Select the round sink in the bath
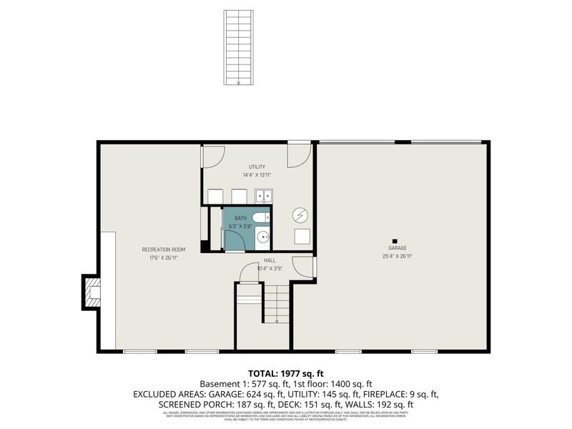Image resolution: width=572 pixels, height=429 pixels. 263,237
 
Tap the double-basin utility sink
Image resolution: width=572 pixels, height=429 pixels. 263,196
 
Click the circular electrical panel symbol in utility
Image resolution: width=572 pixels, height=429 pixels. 300,215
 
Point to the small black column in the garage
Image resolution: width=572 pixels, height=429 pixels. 393,241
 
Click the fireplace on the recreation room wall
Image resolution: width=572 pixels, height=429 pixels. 91,291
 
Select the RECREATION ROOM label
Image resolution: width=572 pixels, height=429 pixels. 164,250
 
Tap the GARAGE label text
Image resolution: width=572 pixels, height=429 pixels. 398,248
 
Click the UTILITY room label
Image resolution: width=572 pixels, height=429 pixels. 257,167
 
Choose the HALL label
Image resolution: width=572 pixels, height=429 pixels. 270,260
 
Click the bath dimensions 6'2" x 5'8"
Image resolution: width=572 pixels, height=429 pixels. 240,225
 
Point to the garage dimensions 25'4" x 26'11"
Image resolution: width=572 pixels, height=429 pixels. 398,256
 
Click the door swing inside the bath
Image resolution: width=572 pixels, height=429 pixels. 235,242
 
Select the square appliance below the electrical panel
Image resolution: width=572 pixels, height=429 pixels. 302,237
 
